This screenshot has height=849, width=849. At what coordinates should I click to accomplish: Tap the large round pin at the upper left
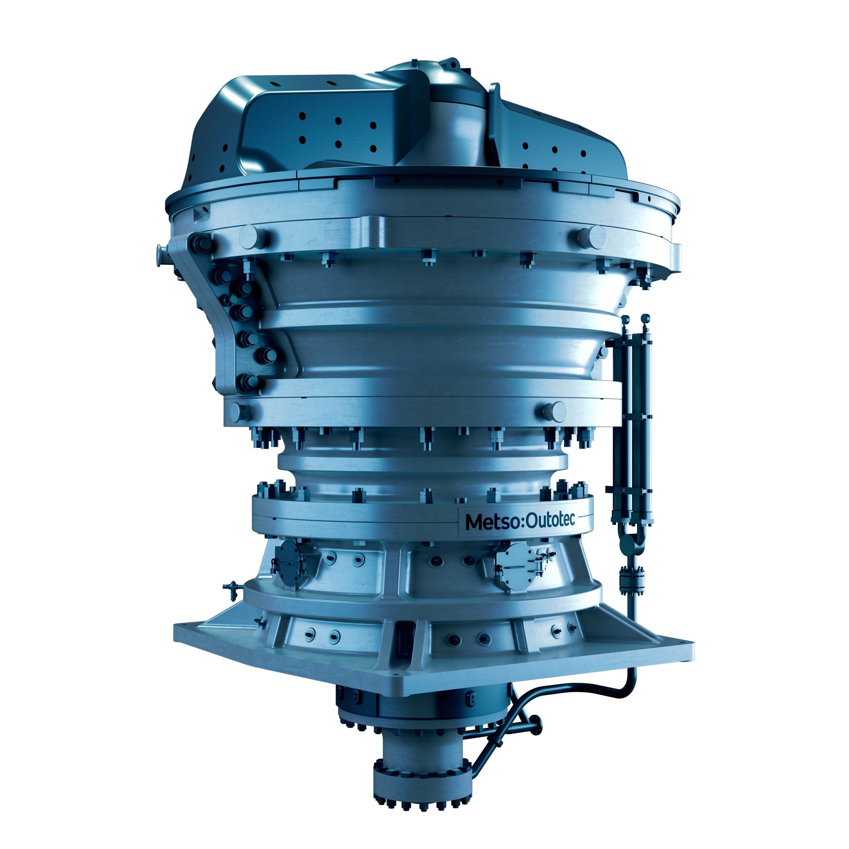coord(253,237)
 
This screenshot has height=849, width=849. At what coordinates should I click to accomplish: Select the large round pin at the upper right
coord(592,237)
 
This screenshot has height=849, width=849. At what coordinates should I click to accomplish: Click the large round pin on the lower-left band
coord(241,412)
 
